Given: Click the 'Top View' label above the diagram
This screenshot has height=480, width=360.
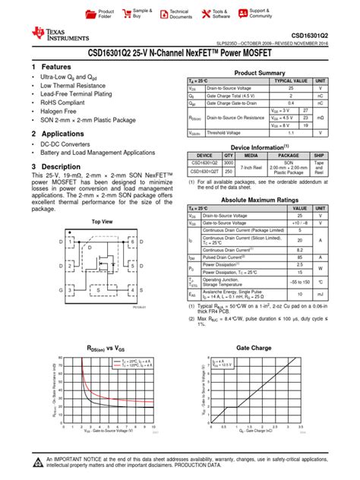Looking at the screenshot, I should (x=102, y=221).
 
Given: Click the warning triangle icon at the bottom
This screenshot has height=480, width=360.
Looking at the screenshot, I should (x=37, y=465).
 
